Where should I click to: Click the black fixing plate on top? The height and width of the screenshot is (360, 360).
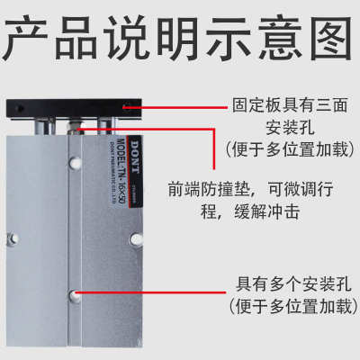(x=71, y=111)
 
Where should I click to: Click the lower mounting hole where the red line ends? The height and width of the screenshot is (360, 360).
(x=79, y=296)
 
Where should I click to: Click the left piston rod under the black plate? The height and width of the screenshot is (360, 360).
(x=45, y=127)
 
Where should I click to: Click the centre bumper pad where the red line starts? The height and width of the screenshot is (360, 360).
(x=78, y=127)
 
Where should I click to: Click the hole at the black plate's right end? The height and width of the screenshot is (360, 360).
(x=129, y=109)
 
